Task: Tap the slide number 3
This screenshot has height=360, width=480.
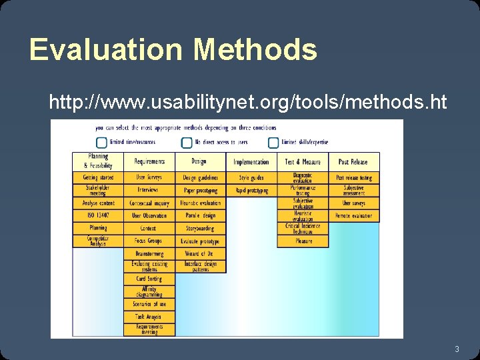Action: pos(457,349)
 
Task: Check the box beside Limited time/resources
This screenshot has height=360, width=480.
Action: pos(101,142)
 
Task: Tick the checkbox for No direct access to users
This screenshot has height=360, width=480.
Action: pos(187,142)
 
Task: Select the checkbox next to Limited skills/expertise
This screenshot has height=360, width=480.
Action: pos(273,142)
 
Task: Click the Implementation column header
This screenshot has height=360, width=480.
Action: pos(251,161)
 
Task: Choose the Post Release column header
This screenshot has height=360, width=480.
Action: pos(353,161)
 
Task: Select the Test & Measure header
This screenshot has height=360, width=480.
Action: pos(303,161)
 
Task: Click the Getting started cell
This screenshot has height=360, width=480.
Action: pos(98,178)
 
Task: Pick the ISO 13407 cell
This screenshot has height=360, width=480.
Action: pos(98,215)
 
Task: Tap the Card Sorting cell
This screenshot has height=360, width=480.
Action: pos(149,279)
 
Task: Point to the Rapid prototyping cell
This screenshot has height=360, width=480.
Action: pos(251,191)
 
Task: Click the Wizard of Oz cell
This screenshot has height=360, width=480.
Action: pos(201,253)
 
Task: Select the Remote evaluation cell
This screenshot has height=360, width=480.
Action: pos(353,216)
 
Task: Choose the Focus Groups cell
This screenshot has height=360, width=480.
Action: pos(149,241)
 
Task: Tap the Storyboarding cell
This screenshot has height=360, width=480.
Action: pos(201,228)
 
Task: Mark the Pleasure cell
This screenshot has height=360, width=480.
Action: pos(303,241)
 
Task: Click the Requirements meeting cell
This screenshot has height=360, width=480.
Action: pos(149,329)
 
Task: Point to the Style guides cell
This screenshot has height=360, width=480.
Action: pos(251,178)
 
